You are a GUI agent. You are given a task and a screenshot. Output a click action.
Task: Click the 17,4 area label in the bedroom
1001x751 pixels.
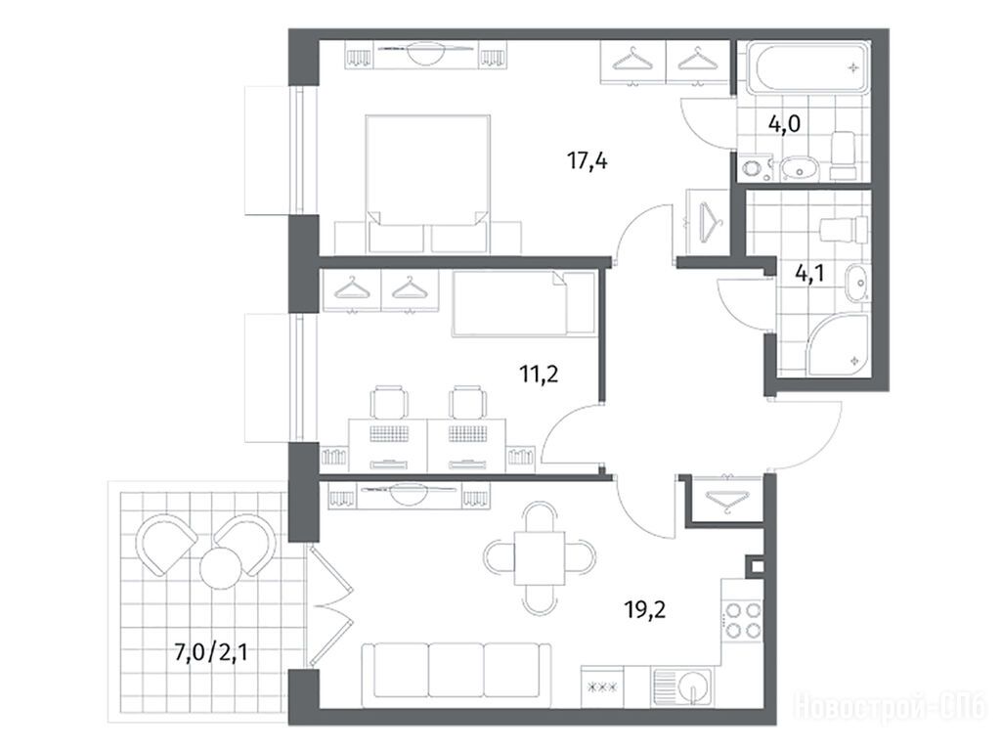coord(588,161)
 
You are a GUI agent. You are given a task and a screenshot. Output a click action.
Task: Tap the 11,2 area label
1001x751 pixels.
coord(539,373)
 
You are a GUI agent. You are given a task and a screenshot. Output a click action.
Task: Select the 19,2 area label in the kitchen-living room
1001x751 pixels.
coord(645,610)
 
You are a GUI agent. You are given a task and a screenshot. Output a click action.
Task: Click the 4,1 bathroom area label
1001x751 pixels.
coord(809,274)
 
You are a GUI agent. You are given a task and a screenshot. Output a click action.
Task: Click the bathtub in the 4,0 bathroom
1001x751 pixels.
coord(806,66)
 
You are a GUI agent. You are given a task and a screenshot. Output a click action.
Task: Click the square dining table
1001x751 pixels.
coord(540,557)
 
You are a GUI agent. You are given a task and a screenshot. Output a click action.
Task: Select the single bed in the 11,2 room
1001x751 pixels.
coord(524,303)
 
